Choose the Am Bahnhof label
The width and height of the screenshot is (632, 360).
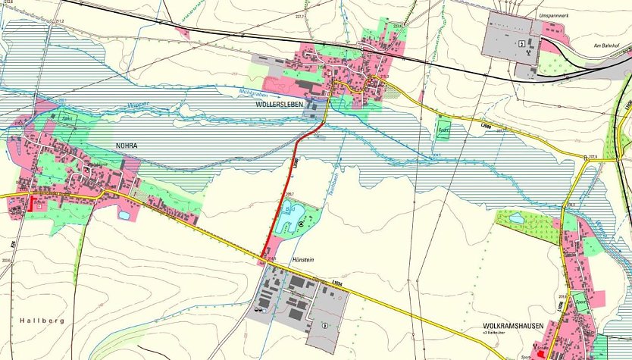pos(607,46)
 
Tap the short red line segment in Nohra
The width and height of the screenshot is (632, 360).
pos(31,203)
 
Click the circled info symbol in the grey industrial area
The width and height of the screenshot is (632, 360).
pos(325,327)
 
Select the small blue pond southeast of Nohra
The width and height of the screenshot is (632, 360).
pos(124,215)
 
